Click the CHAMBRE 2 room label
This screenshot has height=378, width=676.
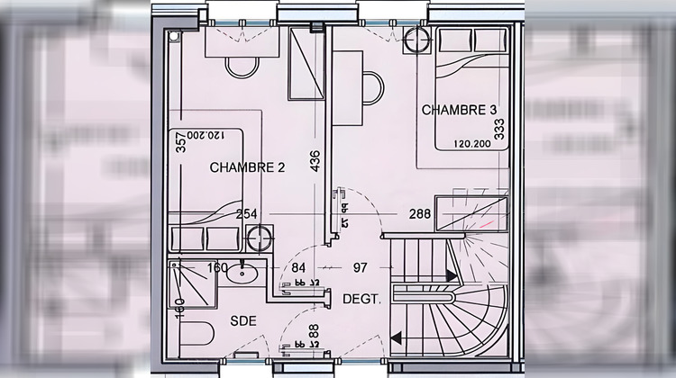click(x=247, y=166)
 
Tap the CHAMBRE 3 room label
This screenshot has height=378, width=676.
click(x=459, y=111)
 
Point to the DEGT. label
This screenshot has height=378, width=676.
click(x=361, y=299)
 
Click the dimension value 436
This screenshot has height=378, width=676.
click(x=315, y=160)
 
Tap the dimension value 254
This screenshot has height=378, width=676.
click(x=247, y=214)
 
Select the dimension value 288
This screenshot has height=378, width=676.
click(x=420, y=214)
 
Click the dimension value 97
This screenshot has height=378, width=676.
click(x=359, y=267)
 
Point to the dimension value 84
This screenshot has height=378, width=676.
click(x=299, y=267)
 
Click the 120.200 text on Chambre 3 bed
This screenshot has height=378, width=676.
click(x=471, y=142)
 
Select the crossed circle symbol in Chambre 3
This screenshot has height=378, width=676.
click(x=417, y=40)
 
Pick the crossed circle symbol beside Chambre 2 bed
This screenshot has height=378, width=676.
click(x=259, y=238)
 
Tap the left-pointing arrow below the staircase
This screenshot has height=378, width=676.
click(x=397, y=339)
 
